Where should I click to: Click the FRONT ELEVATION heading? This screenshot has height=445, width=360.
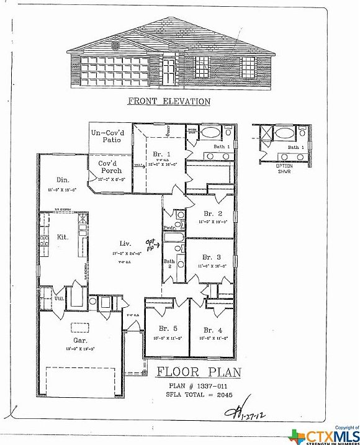coord(169,101)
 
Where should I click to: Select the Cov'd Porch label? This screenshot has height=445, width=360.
coord(112,167)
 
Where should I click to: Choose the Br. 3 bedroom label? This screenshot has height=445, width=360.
coord(212,257)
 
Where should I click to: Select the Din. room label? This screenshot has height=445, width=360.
coord(55,180)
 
